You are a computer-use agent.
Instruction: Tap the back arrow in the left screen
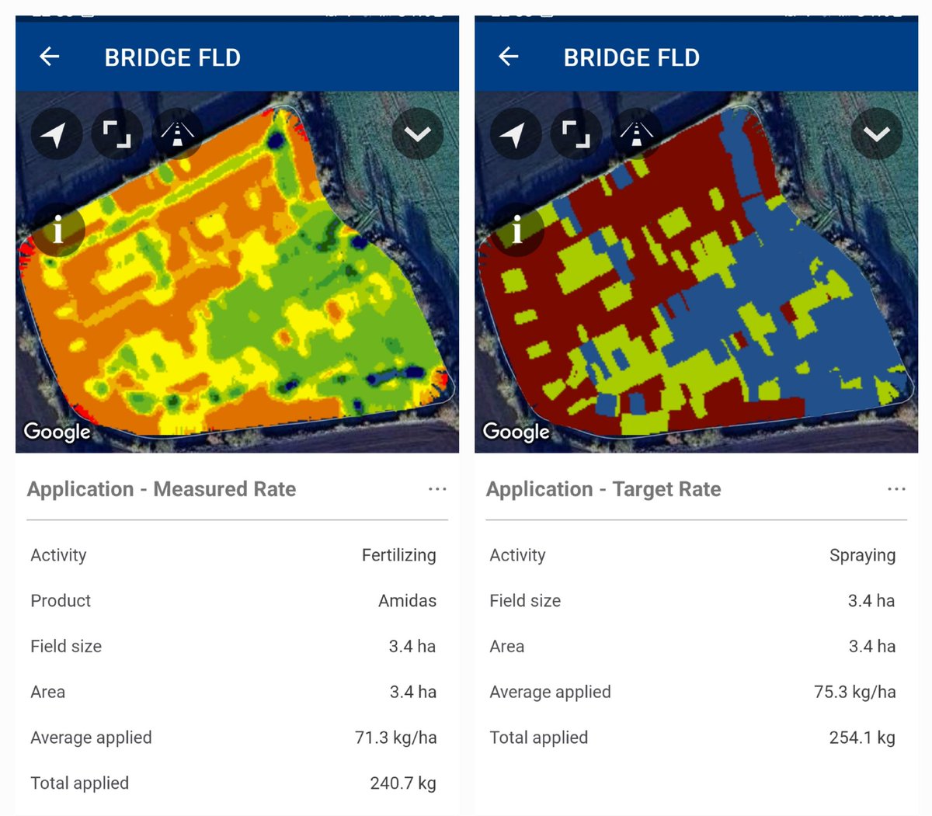(x=50, y=57)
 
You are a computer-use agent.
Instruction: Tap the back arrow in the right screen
(x=509, y=57)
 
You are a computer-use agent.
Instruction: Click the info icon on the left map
(x=57, y=230)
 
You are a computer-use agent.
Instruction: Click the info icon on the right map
(x=516, y=230)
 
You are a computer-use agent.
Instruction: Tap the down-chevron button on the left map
(x=417, y=134)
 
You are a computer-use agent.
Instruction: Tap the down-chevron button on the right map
(x=876, y=134)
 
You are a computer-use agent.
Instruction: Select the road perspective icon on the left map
(x=177, y=134)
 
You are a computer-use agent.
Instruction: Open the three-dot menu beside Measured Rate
(x=437, y=489)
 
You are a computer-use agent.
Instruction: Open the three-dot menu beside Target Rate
(x=896, y=489)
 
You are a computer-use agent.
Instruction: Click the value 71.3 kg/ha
(x=395, y=738)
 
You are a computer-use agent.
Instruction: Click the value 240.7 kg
(x=402, y=783)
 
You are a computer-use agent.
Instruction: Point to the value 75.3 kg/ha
(x=854, y=692)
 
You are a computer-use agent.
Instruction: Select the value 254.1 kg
(x=861, y=738)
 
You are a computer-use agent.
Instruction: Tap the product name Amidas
(x=407, y=601)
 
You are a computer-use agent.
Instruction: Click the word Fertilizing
(x=398, y=555)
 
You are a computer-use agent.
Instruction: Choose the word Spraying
(x=862, y=555)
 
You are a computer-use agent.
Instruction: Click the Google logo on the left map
(x=57, y=431)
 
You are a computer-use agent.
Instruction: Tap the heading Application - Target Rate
(x=603, y=489)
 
